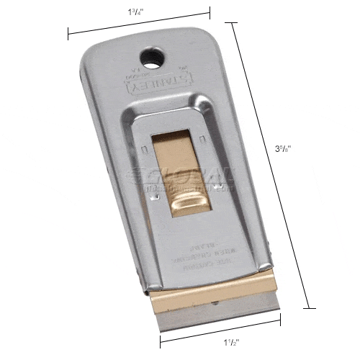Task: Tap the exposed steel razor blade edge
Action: pyautogui.click(x=208, y=310)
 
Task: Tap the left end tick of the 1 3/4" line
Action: pyautogui.click(x=69, y=33)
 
